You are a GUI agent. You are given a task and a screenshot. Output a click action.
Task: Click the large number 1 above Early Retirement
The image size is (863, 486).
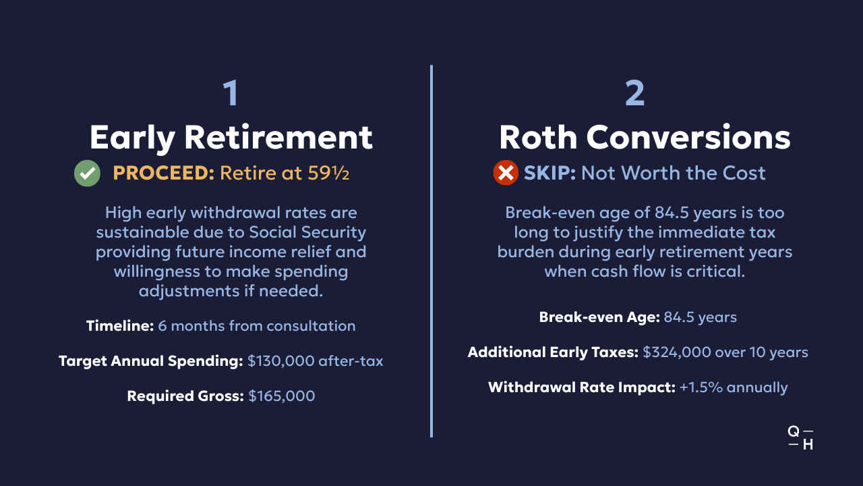[231, 93]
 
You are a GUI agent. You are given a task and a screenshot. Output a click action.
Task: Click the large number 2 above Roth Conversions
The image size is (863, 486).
[634, 93]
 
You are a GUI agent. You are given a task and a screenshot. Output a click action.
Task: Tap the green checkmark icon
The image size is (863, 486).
[87, 173]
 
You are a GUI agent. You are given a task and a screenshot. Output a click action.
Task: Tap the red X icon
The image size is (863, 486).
[506, 173]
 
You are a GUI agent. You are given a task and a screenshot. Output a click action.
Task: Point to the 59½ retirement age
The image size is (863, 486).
[328, 173]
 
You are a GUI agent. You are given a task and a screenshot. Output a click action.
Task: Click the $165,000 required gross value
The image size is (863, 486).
[282, 396]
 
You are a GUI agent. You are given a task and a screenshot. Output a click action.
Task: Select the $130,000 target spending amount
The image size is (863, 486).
[281, 361]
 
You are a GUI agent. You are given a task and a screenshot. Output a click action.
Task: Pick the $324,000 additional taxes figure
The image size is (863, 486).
[677, 352]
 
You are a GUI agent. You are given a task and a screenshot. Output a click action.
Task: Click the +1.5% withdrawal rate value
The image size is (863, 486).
[701, 387]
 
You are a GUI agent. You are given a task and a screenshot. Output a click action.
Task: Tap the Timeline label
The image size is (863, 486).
[120, 326]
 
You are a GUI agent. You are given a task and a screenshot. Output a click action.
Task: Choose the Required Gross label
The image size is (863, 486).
[185, 396]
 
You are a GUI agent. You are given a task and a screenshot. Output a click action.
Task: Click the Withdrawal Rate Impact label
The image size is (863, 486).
[581, 387]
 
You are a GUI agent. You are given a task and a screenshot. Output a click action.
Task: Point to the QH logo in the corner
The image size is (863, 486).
[800, 438]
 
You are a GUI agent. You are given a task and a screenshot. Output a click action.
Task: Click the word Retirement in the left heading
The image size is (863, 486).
[278, 137]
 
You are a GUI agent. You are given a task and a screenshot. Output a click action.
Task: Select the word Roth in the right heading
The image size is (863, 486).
[538, 137]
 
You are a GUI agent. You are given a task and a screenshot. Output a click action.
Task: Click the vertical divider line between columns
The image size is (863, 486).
[431, 251]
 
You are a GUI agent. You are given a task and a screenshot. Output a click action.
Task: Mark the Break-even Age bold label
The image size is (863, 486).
[599, 317]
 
